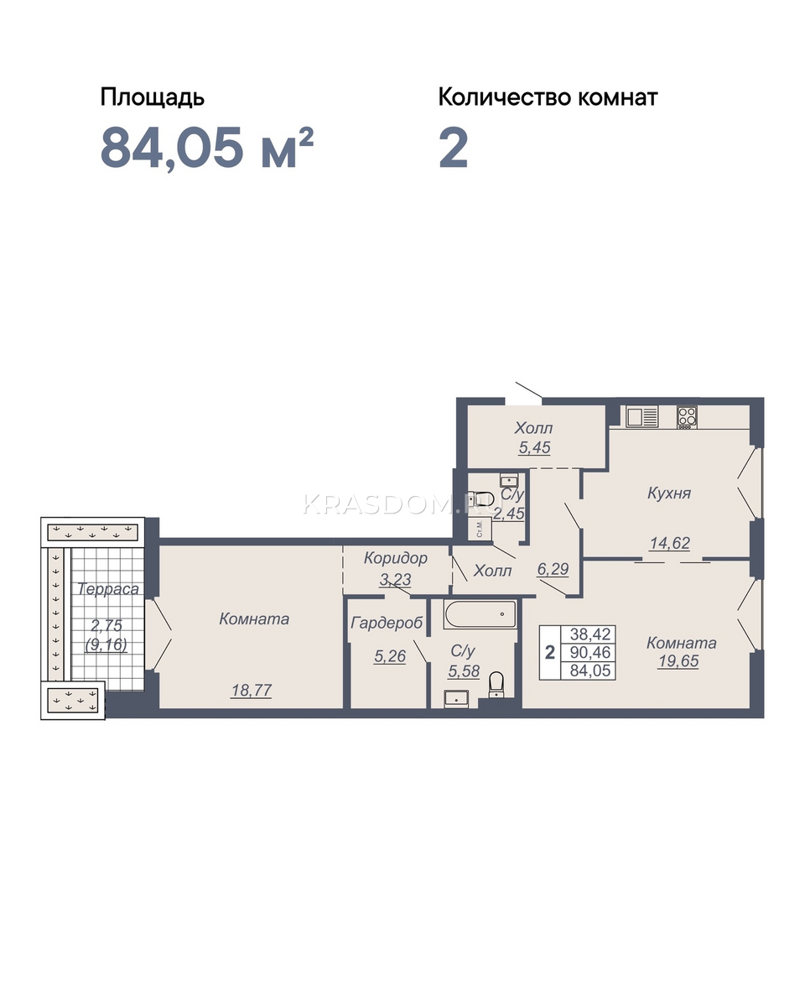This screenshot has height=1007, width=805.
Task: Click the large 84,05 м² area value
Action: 206,148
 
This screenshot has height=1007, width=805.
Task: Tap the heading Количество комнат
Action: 548,97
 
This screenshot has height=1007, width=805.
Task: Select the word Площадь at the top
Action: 153,98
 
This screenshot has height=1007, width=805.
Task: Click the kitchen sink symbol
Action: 641,416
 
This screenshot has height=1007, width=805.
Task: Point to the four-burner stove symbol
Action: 687,417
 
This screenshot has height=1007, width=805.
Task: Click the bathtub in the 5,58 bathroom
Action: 480,614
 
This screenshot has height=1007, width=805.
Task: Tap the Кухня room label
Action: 669,493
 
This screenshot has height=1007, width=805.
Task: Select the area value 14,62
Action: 669,543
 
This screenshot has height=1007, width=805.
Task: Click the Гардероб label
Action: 387,623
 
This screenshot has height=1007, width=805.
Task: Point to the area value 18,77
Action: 252,690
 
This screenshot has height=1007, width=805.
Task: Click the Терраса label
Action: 108,588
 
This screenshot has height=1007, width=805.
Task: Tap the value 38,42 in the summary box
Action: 590,634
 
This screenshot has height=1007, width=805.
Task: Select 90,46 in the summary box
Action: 590,652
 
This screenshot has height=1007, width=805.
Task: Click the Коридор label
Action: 395,558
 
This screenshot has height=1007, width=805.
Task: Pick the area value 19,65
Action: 678,661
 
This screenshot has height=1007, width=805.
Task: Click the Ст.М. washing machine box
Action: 480,530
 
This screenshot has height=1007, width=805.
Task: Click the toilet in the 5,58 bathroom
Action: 496,685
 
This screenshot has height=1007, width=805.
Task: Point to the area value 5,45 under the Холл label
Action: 534,447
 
